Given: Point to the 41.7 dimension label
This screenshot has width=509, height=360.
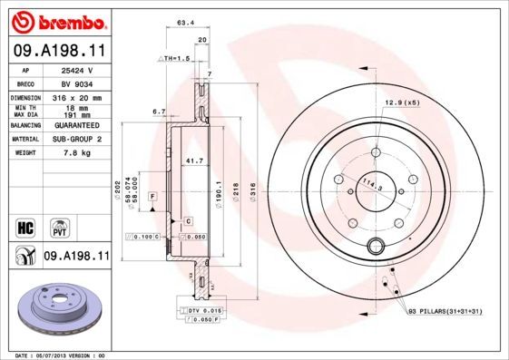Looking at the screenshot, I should [x=192, y=161].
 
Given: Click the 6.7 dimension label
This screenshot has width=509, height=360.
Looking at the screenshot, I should [x=159, y=112].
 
